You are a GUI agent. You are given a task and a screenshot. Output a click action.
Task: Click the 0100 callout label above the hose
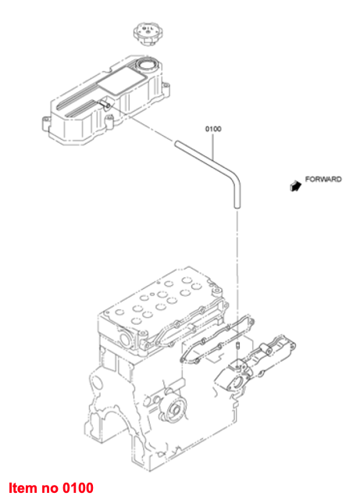[213, 129]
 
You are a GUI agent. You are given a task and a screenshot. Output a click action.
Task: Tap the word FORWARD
[323, 179]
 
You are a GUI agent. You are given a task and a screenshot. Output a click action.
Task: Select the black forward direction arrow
[295, 186]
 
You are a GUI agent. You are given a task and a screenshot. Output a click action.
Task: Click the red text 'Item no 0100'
[52, 487]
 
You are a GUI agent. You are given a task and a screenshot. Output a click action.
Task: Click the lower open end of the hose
[237, 206]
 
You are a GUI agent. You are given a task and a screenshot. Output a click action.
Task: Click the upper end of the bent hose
[177, 144]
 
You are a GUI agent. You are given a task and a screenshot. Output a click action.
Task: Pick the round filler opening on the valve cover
[147, 65]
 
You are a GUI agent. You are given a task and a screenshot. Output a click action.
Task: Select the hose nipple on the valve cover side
[105, 103]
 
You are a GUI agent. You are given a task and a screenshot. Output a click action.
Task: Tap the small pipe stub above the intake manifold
[237, 346]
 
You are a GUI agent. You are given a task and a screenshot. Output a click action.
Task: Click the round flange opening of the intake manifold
[238, 383]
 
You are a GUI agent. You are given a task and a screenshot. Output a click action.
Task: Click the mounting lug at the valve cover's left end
[46, 124]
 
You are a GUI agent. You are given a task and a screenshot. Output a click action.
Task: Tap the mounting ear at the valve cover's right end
[166, 87]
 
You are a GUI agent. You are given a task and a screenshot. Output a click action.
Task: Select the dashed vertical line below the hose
[237, 276]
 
